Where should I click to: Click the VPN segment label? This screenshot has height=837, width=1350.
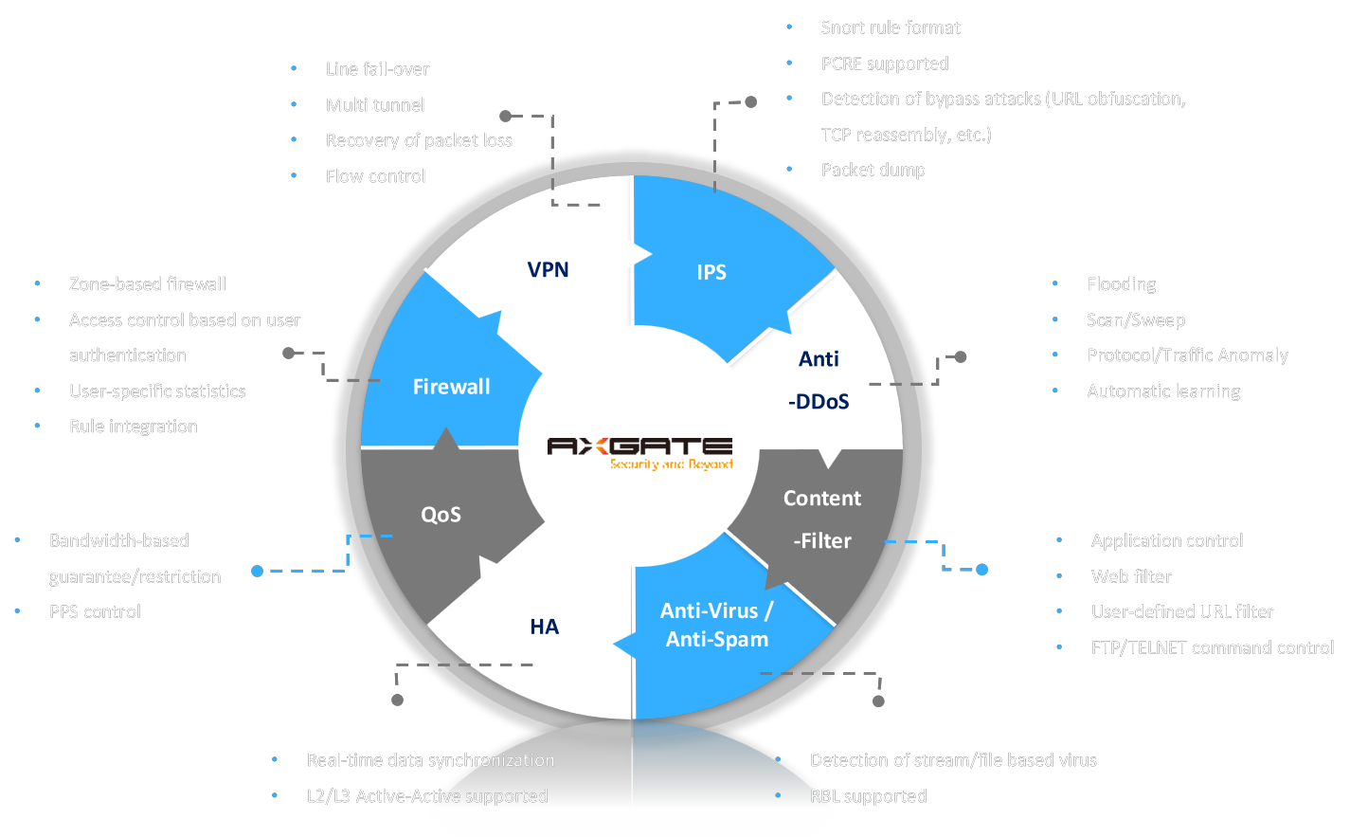coord(548,270)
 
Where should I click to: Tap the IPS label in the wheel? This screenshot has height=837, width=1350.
coord(711,273)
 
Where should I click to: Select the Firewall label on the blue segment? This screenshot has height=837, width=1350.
coord(451,387)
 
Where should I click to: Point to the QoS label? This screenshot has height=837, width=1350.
coord(441,515)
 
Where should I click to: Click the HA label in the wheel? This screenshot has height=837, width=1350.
coord(544,627)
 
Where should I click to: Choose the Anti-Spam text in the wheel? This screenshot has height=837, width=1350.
coord(717,640)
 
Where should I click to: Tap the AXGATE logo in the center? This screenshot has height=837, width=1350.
coord(639,446)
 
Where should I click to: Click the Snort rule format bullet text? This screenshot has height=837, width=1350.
coord(891,28)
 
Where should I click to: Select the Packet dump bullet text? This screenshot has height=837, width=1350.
coord(873,171)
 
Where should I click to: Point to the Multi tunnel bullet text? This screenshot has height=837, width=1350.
coord(375,105)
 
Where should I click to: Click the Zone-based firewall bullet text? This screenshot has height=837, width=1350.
coord(148,284)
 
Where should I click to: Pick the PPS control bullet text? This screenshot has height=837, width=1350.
coord(95,612)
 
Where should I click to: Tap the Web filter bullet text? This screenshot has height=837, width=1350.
coord(1131,576)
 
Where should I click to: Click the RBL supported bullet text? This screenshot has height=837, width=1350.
coord(868,796)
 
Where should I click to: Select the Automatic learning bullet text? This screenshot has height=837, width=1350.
coord(1163,391)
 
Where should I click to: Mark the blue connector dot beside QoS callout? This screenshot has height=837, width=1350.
coord(258,571)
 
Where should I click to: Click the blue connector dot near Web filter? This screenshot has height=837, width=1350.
coord(982,570)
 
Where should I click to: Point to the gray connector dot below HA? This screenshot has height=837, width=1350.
coord(398,700)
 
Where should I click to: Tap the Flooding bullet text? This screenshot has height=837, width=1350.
coord(1121,284)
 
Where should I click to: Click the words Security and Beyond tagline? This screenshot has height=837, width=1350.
coord(672,464)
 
